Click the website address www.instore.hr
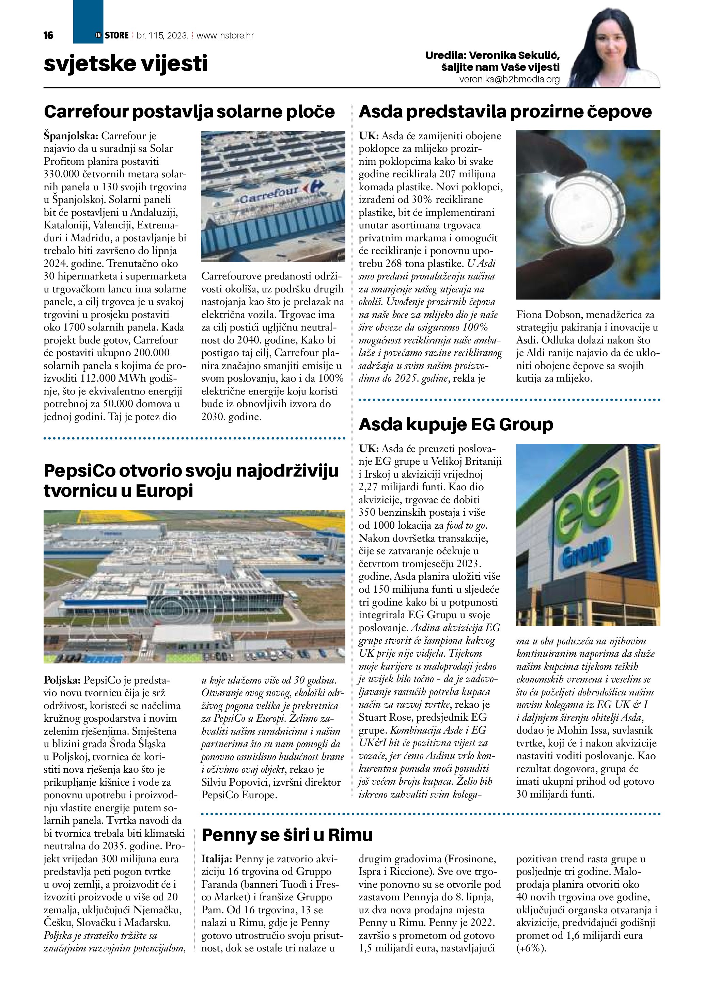225,35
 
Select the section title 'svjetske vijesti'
125,63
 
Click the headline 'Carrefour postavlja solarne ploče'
189,111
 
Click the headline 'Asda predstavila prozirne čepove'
505,111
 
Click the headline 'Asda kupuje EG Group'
456,424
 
